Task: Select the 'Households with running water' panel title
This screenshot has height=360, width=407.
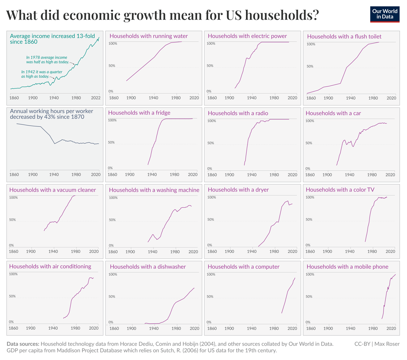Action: click(148, 36)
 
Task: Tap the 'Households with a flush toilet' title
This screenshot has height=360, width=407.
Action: click(344, 36)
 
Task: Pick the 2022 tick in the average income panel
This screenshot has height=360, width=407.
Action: click(95, 98)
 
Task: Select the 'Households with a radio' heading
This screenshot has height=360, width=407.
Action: click(238, 113)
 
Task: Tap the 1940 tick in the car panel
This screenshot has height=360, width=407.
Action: click(349, 175)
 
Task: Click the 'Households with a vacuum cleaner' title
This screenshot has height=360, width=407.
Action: click(53, 190)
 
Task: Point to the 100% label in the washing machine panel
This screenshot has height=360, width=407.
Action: click(113, 198)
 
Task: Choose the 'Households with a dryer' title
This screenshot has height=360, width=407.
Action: click(238, 190)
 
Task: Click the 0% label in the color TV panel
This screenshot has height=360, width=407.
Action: click(308, 245)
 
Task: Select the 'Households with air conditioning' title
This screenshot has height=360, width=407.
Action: click(50, 266)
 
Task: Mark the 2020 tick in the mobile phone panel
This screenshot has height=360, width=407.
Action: click(390, 328)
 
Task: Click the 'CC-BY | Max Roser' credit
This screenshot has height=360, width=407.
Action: click(377, 344)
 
